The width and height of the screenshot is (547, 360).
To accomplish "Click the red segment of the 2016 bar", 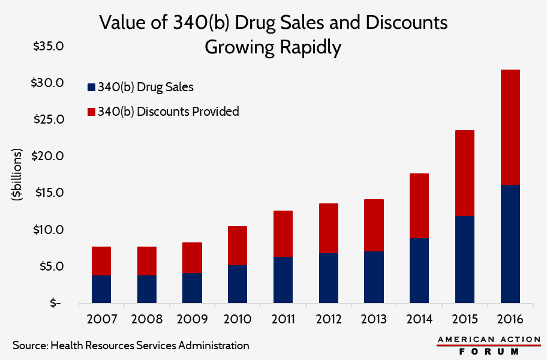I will click(510, 127).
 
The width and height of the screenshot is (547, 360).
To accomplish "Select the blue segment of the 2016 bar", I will click(510, 243).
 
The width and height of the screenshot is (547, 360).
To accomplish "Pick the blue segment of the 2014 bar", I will click(419, 270).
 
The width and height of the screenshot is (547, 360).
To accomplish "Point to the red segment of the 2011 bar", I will click(282, 233).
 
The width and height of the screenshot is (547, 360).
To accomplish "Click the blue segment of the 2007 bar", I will click(101, 289).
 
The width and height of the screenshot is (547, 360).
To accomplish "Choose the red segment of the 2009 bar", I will click(192, 257).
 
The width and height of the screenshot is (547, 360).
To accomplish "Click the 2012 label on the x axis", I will click(327, 318).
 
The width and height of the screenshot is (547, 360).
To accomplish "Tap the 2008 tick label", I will click(146, 318).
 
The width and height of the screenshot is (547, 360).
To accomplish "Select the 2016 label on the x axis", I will click(510, 318).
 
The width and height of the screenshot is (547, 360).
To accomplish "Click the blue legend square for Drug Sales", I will click(91, 87).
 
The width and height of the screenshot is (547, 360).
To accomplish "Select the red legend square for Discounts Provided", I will click(91, 112).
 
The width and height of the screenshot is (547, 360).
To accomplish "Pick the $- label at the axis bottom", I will click(55, 303).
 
